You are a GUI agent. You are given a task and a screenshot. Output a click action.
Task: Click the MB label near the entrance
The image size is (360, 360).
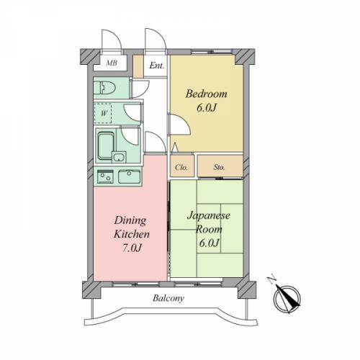pos(112,63)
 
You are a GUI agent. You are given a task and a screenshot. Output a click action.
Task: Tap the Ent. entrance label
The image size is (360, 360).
pos(157,66)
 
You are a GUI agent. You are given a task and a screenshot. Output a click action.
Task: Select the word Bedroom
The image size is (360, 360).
pos(206,94)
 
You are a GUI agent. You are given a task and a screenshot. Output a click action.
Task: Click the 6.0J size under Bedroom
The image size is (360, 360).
pos(207,107)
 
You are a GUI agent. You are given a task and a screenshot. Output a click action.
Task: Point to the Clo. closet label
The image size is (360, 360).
pos(181,167)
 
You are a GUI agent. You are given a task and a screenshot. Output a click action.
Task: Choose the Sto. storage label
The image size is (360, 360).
pos(219,167)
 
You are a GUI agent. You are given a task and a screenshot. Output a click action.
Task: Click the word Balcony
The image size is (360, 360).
pos(168,298)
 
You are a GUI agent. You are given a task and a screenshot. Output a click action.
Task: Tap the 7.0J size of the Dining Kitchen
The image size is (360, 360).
pos(132,248)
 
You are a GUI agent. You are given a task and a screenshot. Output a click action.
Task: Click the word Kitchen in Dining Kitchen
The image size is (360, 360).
pos(132,234)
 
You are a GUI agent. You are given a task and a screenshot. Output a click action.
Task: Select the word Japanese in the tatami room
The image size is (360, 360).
pos(209,216)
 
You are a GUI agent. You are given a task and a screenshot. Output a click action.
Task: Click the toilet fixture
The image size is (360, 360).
pos(104,88)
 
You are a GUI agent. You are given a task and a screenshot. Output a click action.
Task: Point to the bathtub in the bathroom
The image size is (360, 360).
pos(106,146)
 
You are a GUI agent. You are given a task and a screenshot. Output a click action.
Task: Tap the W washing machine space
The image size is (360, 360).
pos(103,113)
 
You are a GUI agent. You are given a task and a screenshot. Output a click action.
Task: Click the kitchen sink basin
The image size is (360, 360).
pos(129,177)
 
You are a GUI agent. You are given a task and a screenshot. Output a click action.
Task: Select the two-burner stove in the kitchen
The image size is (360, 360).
pos(105,177)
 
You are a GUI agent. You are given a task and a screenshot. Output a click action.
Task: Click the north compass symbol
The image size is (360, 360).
pos(287,298)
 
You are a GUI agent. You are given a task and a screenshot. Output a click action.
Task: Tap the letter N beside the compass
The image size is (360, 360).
pos(272,280)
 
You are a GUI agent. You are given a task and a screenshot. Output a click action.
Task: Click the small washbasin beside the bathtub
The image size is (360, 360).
pos(119,157)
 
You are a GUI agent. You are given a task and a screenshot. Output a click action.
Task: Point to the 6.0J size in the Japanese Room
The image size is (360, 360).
pos(209,243)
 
